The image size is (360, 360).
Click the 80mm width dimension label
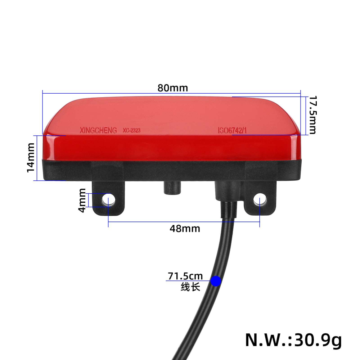pos(172,88)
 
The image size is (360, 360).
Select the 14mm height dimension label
pos(31,157)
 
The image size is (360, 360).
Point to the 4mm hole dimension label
pos(82,200)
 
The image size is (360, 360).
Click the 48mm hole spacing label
pos(185,228)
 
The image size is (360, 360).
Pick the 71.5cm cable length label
pos(185,276)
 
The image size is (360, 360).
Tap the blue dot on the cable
pos(216,281)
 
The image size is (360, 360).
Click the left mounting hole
pos(108,199)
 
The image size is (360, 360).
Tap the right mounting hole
pos(260,199)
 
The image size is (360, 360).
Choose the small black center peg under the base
pos(172,188)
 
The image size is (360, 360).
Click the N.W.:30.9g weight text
pos(293,339)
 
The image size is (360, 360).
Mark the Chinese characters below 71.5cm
pos(190,287)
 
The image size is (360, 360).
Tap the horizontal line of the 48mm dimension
pos(151,221)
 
